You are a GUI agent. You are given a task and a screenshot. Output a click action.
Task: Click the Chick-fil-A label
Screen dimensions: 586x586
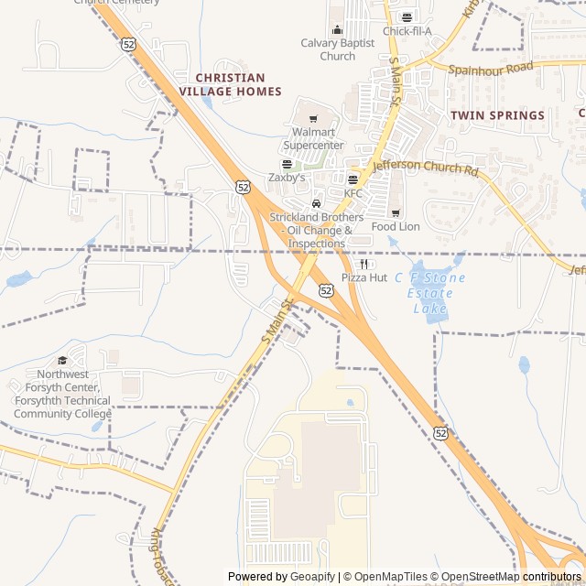pos(407,31)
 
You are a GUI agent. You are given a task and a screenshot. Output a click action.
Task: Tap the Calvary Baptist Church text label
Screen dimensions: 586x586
pos(337,49)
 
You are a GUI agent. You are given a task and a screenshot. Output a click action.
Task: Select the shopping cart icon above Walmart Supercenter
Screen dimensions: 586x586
pos(313,118)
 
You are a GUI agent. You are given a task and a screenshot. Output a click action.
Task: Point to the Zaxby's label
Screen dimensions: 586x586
pos(287,177)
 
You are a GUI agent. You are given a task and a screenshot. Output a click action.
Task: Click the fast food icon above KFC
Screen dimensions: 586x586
pos(353,179)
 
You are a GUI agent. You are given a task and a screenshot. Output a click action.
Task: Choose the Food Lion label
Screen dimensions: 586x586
pos(396,226)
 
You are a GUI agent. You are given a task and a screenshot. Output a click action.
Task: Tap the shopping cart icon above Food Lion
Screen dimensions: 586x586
pos(396,212)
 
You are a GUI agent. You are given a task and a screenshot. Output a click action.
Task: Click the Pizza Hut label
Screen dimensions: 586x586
pos(364,277)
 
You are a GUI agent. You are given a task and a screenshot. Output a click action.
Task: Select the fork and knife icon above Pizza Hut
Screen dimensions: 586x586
pos(364,264)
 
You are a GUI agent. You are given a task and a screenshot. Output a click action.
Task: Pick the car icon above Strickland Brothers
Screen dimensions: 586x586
pos(316,202)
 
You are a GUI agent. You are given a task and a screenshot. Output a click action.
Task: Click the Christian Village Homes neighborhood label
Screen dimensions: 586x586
pos(231,84)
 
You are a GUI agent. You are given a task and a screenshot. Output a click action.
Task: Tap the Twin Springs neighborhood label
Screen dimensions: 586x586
pos(497,115)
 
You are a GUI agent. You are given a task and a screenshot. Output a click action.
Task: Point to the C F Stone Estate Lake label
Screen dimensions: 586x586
pos(430,293)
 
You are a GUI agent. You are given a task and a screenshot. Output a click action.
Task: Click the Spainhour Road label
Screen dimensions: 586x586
pos(490,68)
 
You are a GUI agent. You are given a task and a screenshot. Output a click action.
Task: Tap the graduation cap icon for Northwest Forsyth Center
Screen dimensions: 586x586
pos(62,361)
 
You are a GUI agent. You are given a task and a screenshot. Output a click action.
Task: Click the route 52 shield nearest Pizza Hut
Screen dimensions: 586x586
pos(327,289)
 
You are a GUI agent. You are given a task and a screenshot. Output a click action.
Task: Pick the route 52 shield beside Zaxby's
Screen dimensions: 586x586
pos(243,186)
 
